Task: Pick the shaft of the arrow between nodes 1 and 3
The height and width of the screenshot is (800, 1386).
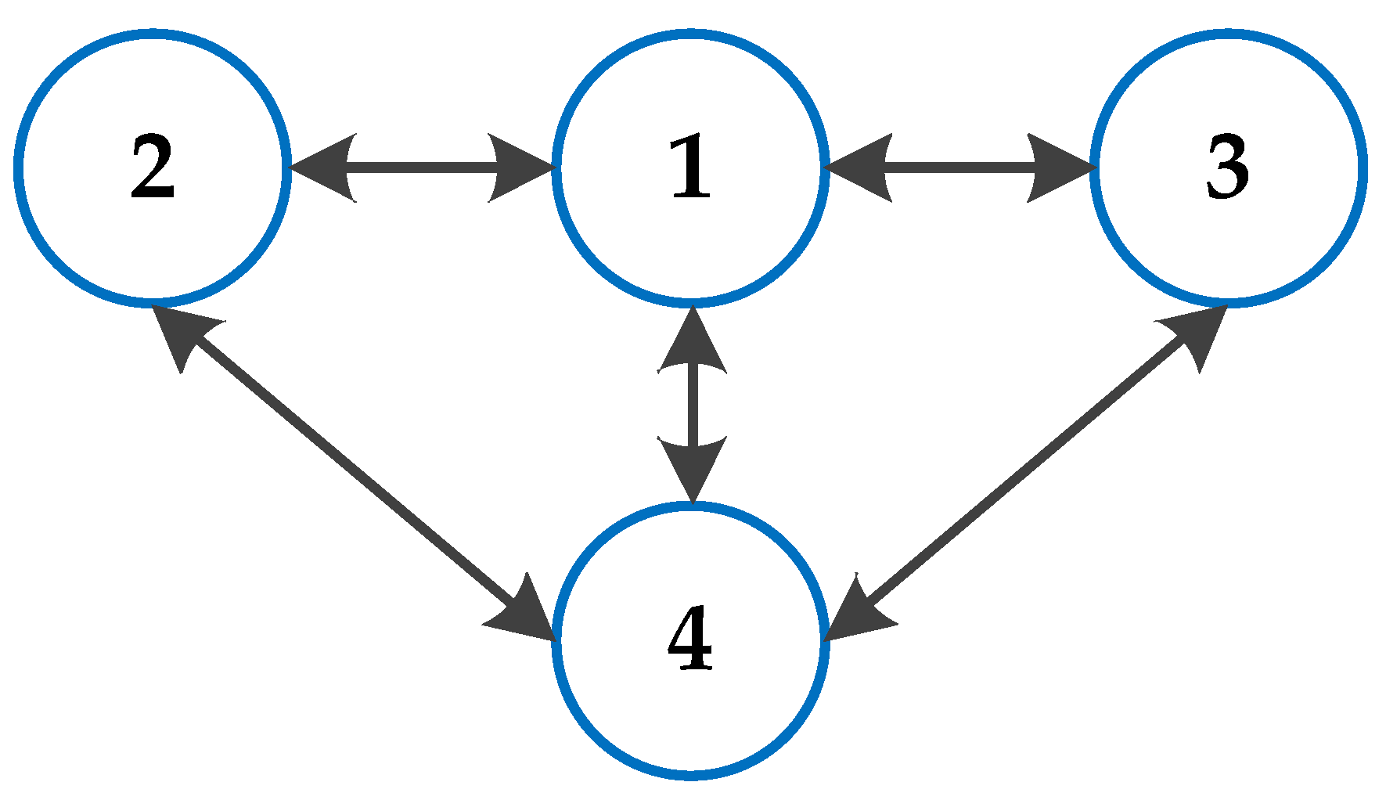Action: pyautogui.click(x=959, y=168)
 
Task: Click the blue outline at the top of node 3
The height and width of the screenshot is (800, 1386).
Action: pyautogui.click(x=1228, y=34)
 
